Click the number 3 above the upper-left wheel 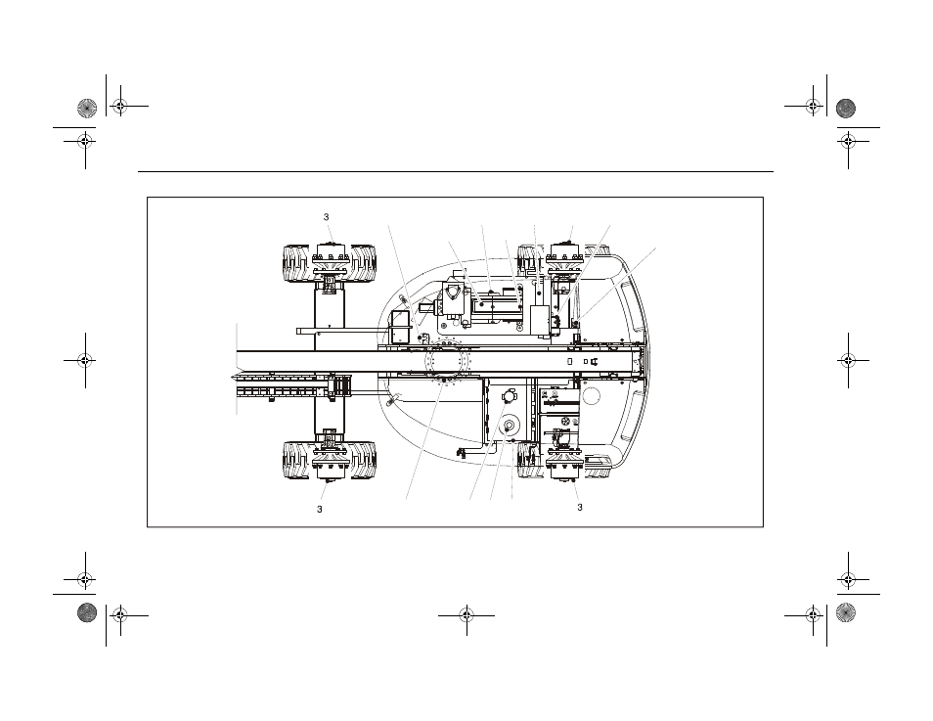coord(326,217)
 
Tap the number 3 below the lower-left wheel coord(320,510)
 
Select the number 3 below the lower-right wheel coord(580,508)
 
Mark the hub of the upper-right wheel coord(563,256)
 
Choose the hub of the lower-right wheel coord(563,464)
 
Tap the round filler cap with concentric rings coord(510,426)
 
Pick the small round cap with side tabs coord(510,394)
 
